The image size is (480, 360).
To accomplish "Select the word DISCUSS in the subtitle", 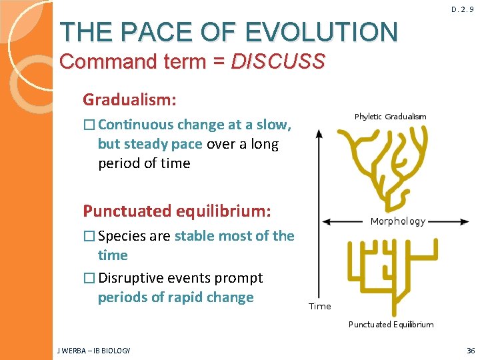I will (x=277, y=62).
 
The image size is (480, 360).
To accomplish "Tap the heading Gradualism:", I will (x=129, y=100).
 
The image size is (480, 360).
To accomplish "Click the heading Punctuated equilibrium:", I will (x=177, y=211).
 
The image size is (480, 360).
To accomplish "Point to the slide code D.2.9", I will (x=462, y=9).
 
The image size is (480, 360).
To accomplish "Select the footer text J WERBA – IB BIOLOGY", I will (x=94, y=351).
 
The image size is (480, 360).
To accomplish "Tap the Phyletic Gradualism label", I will (x=390, y=117).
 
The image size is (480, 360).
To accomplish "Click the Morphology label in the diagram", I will (x=397, y=221).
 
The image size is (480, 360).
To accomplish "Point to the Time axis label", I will (x=320, y=306).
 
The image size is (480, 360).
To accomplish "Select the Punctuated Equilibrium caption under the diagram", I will (x=391, y=325).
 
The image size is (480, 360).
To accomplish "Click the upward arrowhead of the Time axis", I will (x=319, y=132).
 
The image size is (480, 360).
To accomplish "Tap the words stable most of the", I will (x=234, y=236).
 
